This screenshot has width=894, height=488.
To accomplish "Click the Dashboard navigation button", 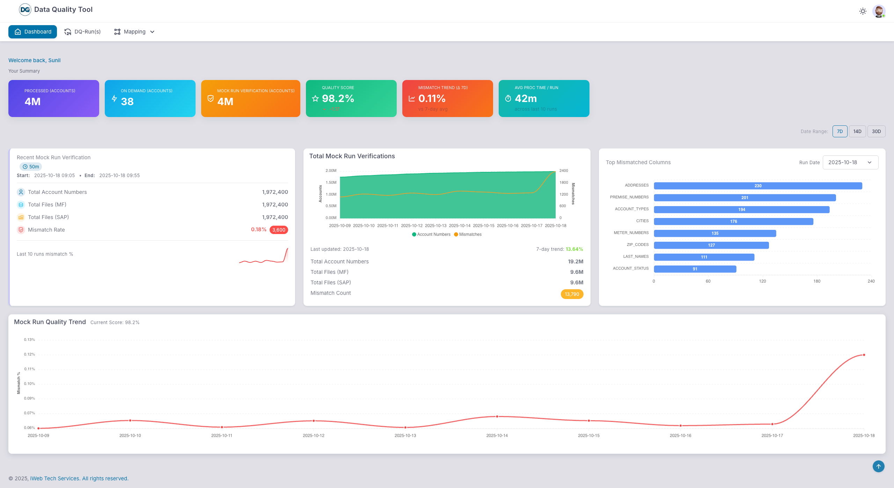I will click(32, 32).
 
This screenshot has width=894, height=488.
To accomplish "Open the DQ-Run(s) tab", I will click(82, 32).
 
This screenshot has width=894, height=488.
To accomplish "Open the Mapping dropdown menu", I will click(134, 32).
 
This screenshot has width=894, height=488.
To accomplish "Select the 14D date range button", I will click(857, 131).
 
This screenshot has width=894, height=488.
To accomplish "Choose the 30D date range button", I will click(876, 131).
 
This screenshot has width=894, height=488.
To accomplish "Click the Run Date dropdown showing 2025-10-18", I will click(850, 162).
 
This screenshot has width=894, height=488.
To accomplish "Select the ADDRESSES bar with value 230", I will click(757, 186).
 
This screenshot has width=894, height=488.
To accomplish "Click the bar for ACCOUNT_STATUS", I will click(695, 269).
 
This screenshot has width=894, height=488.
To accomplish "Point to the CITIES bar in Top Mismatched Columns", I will click(733, 221).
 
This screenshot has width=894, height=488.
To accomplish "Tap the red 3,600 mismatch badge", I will click(279, 230).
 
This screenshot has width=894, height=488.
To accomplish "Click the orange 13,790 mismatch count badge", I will click(572, 294).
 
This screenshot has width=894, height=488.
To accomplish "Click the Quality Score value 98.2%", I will click(338, 99).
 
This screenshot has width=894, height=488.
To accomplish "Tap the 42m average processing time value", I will click(526, 99).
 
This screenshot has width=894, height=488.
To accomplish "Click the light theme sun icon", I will click(863, 11).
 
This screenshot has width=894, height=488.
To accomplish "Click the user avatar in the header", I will click(879, 11).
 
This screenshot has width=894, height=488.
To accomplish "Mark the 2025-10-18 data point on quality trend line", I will click(864, 355).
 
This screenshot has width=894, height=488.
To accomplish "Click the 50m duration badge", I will click(31, 167).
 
